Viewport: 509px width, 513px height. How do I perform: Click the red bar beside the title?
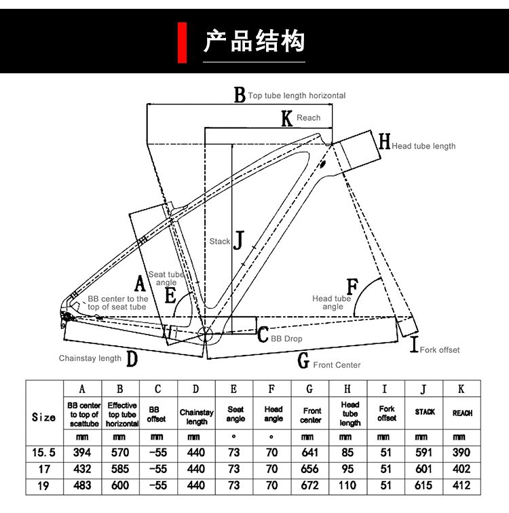coord(182,42)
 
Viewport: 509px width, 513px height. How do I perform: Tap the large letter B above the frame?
coord(240,96)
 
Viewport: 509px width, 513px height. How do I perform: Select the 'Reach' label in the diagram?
coord(308,118)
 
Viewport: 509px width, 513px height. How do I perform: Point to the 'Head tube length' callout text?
coord(423,146)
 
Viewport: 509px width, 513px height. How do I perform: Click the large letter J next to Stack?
coord(238,240)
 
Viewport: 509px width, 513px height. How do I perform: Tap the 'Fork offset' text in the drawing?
coord(440,350)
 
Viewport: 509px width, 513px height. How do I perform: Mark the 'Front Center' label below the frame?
coord(337,365)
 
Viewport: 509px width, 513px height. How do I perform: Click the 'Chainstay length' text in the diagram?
coord(90,358)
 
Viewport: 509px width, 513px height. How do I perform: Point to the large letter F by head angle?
coord(352,286)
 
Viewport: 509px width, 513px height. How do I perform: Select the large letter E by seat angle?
coord(170,296)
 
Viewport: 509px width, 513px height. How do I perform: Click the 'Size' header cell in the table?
coord(44,416)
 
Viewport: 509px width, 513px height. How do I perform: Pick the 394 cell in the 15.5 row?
coord(82,452)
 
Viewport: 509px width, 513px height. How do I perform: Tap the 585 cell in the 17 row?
coord(120,469)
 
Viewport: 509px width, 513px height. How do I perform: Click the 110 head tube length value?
coord(348,487)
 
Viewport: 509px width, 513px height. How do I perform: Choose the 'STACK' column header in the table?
coord(424,412)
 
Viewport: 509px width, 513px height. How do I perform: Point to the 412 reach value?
coord(461,487)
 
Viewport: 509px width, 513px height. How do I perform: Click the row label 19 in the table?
coord(44,487)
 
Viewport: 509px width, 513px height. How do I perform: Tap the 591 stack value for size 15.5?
coord(424,452)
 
